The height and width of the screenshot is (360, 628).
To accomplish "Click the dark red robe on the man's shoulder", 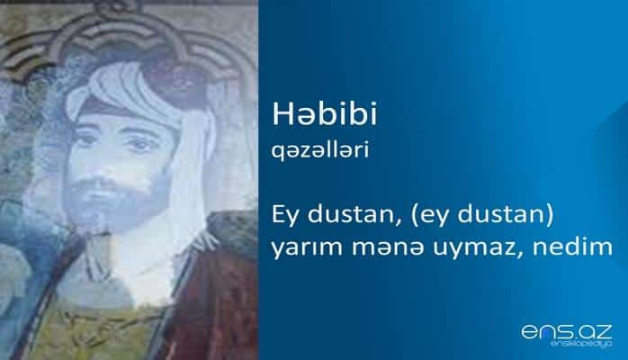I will pyautogui.click(x=220, y=288).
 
